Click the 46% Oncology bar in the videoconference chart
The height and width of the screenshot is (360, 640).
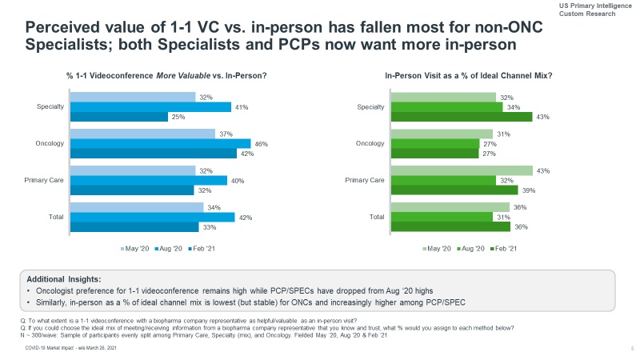[160, 144]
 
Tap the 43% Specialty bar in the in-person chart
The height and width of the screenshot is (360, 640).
[461, 118]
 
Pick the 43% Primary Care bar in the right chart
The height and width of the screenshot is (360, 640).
[461, 170]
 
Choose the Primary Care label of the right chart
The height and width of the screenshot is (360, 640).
[364, 181]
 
